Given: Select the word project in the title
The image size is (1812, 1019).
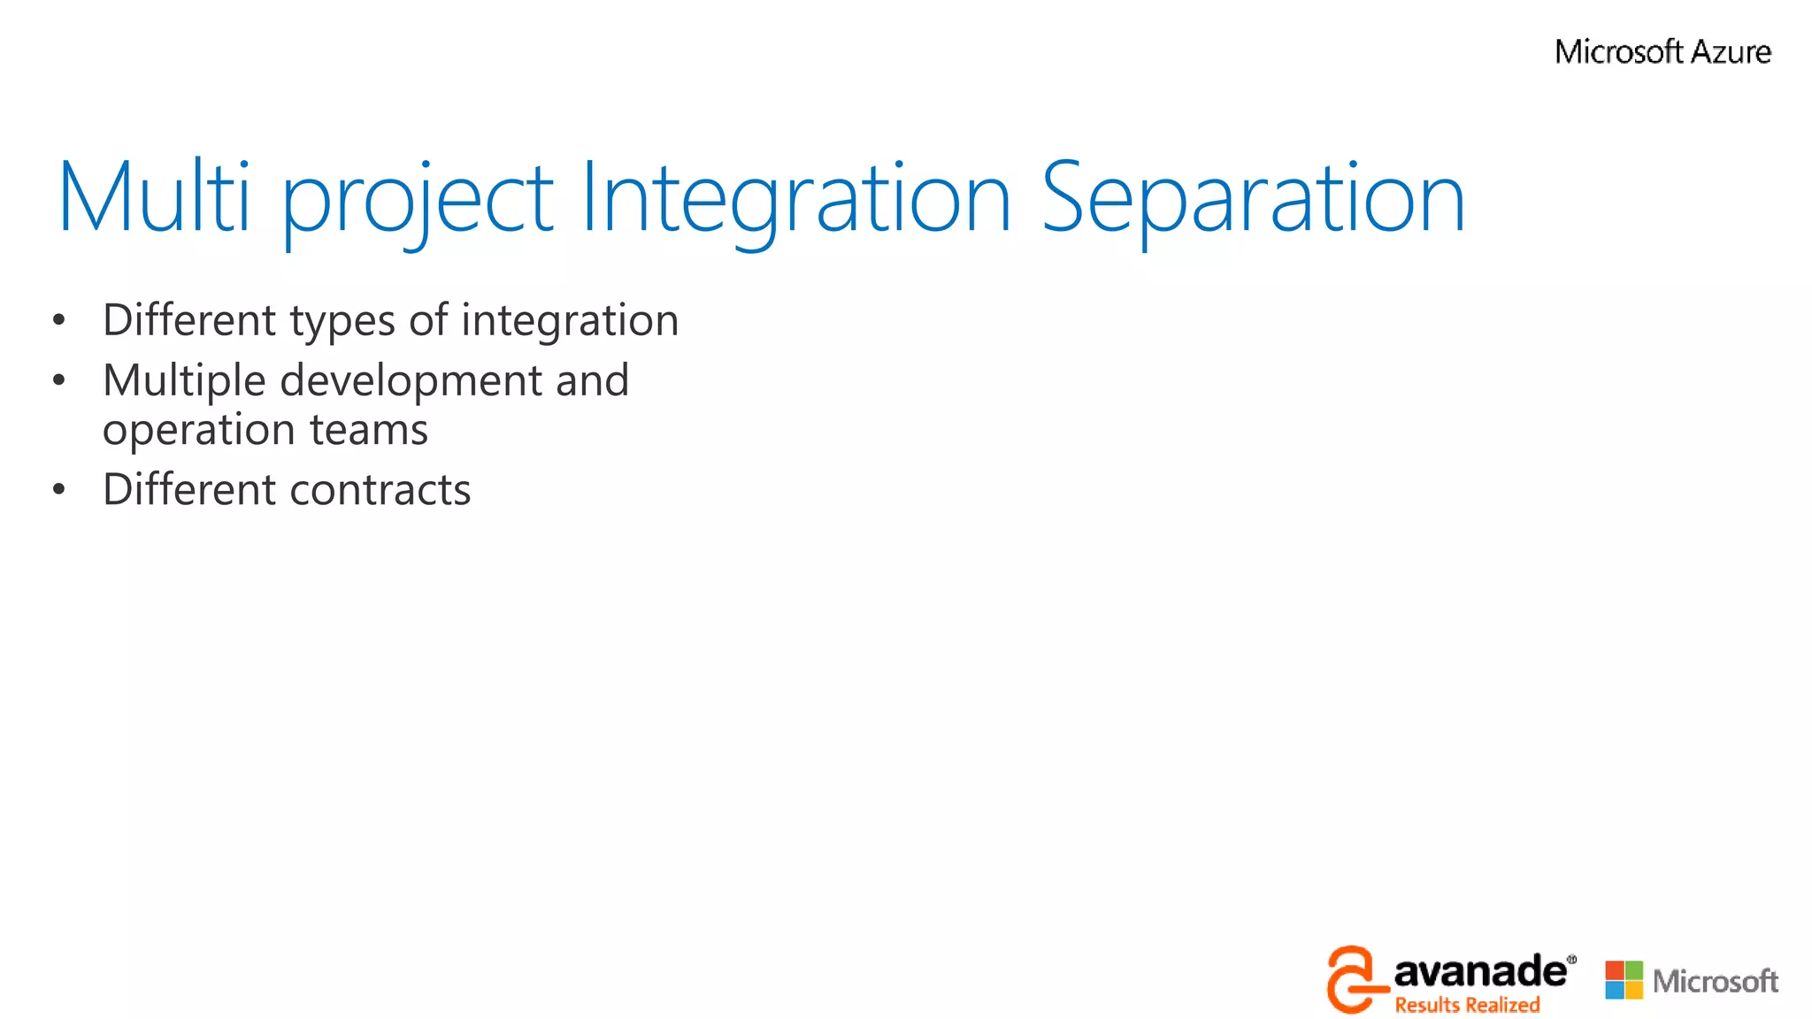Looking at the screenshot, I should coord(417,202).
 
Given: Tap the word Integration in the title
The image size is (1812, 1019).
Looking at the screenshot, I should coord(795,202).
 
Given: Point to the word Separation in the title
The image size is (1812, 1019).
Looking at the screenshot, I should coord(1253,202).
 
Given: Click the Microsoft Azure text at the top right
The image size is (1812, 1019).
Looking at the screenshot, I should coord(1662,52).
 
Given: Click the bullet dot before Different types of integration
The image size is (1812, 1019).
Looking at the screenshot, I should coord(58,320).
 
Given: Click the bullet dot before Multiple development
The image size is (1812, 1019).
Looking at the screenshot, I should coord(58,380).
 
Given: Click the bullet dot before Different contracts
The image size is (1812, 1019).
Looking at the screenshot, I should coord(58,489).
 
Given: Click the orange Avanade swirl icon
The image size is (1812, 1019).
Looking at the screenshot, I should coord(1350,979).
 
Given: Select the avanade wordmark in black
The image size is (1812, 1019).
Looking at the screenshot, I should coord(1479,972).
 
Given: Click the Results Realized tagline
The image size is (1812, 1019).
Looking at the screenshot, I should coord(1467,1005).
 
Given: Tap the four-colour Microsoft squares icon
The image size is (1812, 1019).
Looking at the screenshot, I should coord(1624,980).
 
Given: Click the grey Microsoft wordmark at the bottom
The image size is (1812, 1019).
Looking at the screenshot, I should coord(1715,981).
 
